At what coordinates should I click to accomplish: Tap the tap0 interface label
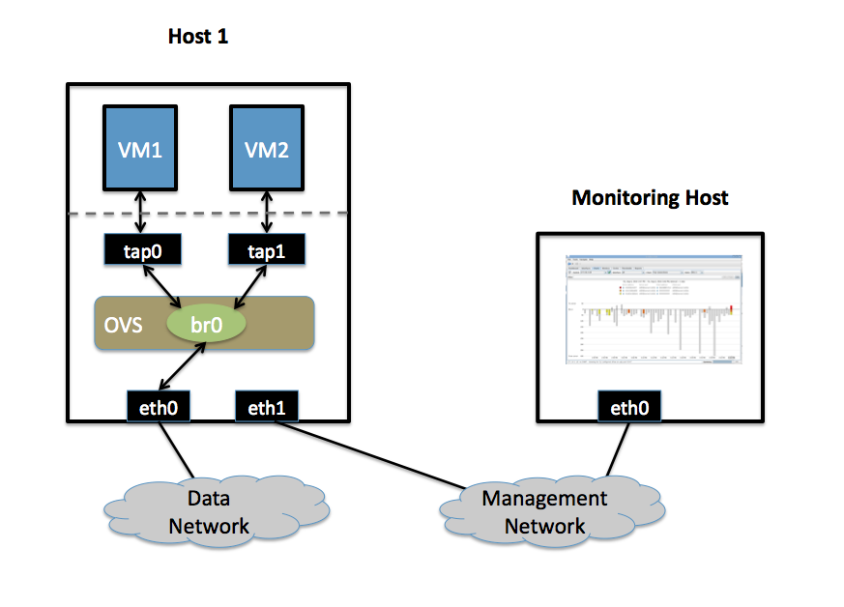[x=143, y=250]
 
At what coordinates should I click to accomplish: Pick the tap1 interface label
[x=267, y=250]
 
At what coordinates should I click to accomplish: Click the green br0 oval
[x=206, y=324]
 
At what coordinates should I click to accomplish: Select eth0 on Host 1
[x=158, y=407]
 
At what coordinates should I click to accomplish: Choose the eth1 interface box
[x=267, y=407]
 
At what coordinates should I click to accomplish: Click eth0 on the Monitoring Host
[x=629, y=407]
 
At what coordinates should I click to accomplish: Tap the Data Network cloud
[x=208, y=512]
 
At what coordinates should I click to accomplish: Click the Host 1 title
[x=198, y=37]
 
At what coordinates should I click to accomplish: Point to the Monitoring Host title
[x=650, y=198]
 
